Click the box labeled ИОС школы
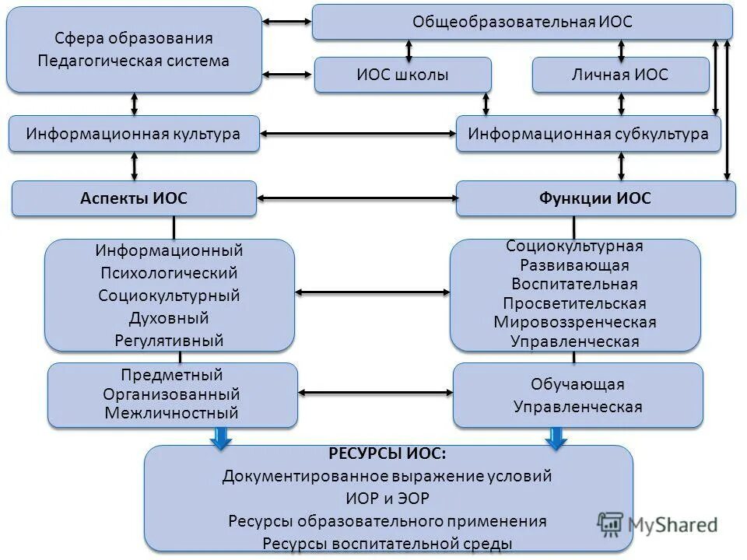pos(402,75)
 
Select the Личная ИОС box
pos(620,75)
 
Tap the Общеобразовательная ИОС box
pos(522,22)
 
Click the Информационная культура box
pos(133,134)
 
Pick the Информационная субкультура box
pos(588,134)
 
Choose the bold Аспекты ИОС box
pos(134,198)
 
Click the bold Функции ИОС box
pos(595,198)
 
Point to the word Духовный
pos(170,318)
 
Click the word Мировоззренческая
pos(575,322)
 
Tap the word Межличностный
pos(172,413)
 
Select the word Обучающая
pos(577,384)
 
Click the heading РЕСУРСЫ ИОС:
pos(388,453)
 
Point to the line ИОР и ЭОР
pos(388,498)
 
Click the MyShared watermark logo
pos(658,524)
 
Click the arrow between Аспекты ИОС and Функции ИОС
pos(356,198)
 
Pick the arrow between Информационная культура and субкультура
pos(358,134)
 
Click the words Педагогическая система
pos(134,61)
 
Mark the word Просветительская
pos(574,303)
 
